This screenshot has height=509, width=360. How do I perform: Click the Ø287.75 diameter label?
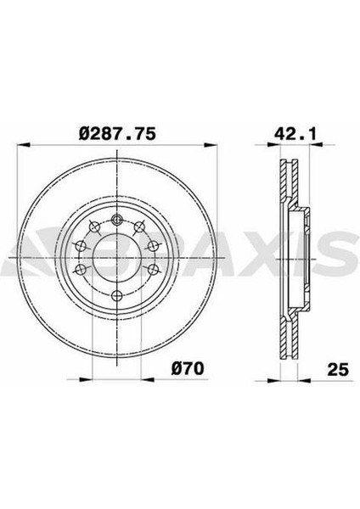pos(117,134)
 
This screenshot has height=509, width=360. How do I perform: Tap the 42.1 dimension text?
pos(295,134)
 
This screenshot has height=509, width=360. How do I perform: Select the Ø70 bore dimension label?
pos(188,369)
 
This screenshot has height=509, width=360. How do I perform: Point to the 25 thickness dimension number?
pos(338,369)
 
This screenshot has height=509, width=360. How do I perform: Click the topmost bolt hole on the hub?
pos(116,220)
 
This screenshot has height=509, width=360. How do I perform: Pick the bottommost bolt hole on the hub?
pos(116,296)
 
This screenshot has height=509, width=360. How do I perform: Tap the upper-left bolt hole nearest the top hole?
pos(94,227)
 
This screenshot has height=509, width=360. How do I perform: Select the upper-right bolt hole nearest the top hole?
pos(139,227)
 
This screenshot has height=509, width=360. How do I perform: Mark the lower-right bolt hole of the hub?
pos(153,269)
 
